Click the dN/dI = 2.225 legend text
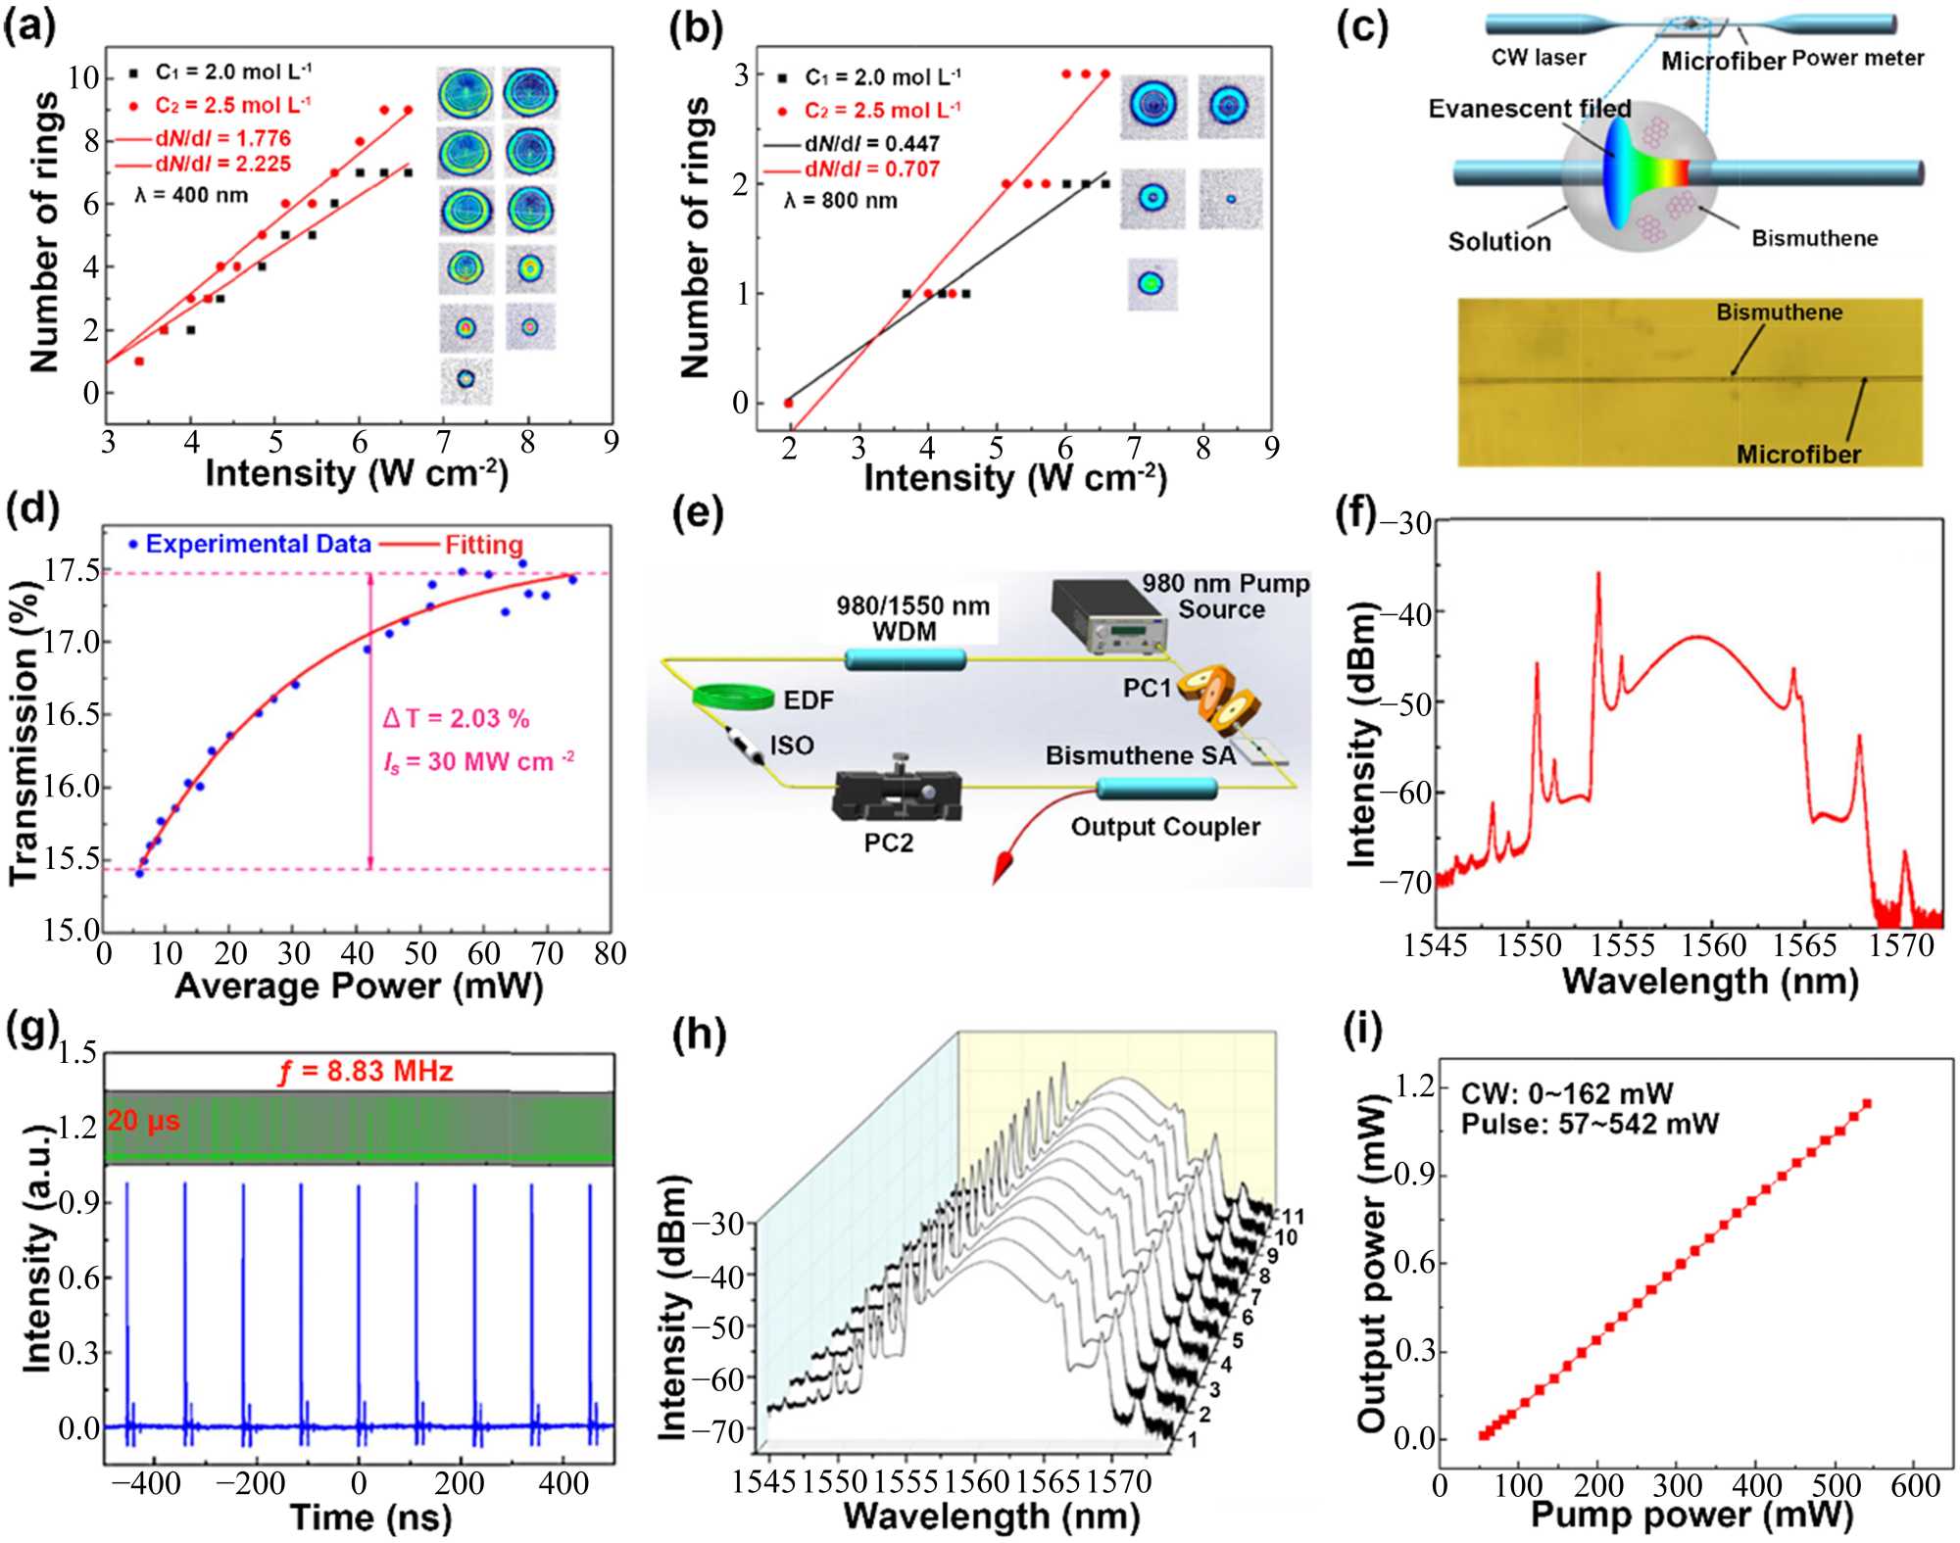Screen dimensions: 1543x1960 (x=222, y=164)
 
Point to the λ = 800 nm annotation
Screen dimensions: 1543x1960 (x=840, y=201)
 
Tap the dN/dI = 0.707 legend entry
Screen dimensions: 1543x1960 (x=871, y=169)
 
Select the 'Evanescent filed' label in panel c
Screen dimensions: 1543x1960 (x=1529, y=109)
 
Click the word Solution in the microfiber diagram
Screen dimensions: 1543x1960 (x=1499, y=242)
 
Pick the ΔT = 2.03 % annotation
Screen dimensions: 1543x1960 (x=456, y=718)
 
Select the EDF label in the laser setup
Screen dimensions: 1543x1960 (x=808, y=699)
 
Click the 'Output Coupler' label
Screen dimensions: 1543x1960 (x=1165, y=827)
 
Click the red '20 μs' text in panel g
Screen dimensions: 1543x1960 (x=143, y=1121)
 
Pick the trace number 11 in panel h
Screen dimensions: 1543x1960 (x=1293, y=1218)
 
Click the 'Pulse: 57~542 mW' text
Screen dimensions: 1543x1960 (x=1590, y=1124)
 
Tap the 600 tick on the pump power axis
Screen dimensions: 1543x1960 (x=1914, y=1486)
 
